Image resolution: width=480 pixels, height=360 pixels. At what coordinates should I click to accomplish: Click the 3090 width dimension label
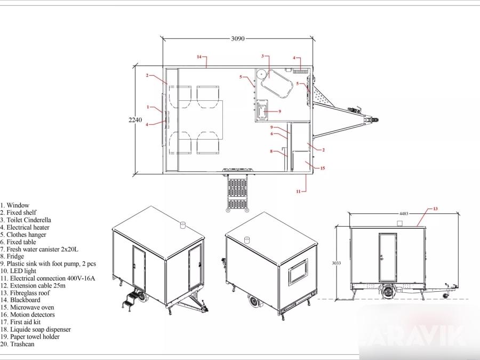coord(237,38)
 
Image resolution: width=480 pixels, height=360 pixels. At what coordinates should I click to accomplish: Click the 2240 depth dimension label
coord(135,119)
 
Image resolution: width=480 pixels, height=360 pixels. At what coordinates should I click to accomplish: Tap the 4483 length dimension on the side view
coord(404,214)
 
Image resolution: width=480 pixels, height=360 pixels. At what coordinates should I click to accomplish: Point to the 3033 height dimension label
coord(336,263)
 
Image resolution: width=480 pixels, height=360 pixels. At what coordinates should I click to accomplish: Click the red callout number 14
coord(199,57)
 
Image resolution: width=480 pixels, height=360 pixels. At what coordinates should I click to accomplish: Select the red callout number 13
coord(435,209)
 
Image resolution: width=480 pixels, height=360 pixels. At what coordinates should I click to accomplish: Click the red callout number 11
coord(298,191)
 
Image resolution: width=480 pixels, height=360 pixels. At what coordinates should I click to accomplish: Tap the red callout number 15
coord(322,168)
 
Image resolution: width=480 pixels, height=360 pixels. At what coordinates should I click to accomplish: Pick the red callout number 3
coord(262,56)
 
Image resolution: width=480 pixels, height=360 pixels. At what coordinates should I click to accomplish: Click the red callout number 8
coord(271,151)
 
